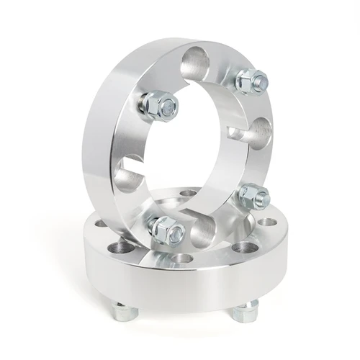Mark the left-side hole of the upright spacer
pos(130,175)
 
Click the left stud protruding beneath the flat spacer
pos(120,311)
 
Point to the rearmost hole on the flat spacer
pos(189,193)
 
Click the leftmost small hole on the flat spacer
pos(102,224)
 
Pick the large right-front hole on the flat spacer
pos(241,248)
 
